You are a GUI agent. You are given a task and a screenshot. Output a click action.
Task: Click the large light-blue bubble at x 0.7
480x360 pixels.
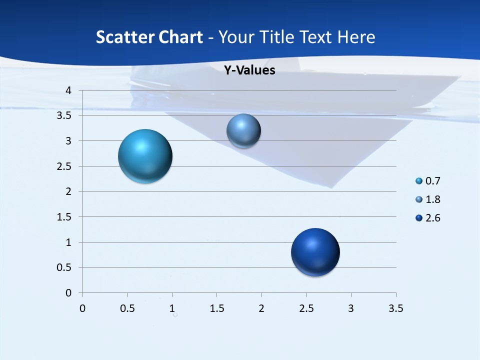point(145,156)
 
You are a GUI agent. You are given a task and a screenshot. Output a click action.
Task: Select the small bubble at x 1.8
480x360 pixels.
point(243,131)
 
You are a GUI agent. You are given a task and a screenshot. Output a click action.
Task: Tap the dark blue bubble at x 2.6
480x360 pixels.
point(315,252)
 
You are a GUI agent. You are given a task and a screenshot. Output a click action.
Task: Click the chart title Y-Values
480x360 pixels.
point(249,70)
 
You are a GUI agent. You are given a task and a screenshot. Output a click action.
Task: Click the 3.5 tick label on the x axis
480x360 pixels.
point(395,308)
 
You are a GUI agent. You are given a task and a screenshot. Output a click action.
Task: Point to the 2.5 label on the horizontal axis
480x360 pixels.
point(306,308)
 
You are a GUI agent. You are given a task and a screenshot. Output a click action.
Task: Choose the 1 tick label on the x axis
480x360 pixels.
point(172,308)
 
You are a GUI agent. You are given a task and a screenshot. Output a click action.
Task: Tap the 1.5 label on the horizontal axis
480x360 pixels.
point(216,308)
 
